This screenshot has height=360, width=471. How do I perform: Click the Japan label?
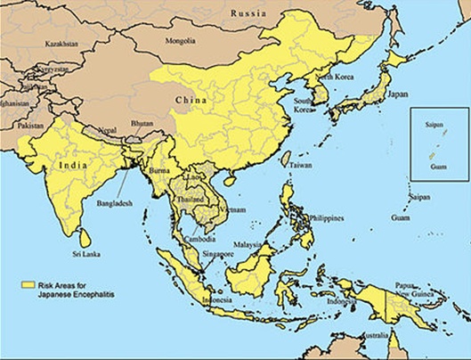pos(398,94)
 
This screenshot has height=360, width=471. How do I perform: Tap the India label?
pos(73,166)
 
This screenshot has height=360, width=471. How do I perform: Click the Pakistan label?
pos(30,127)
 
